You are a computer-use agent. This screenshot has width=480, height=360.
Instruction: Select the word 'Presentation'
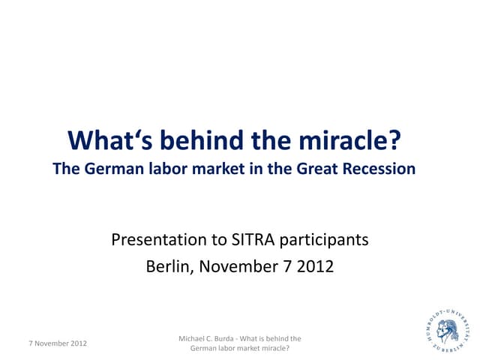pos(158,241)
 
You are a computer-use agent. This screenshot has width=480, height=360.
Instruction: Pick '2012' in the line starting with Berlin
pos(314,265)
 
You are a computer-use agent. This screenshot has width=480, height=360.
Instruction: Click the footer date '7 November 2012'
pos(57,343)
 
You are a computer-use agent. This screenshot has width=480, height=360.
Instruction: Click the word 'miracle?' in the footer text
pos(275,348)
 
